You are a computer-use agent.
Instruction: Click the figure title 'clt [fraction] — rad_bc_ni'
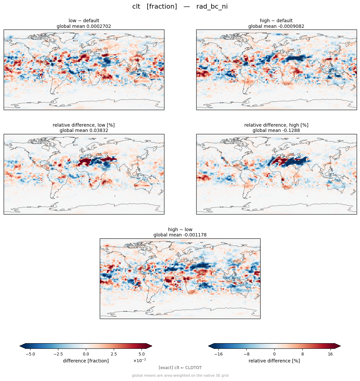[180, 6]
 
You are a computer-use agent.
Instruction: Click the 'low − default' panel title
[84, 21]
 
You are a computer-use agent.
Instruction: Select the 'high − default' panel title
[276, 21]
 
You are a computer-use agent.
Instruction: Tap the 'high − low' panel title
[180, 229]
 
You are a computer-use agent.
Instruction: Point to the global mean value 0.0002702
[99, 26]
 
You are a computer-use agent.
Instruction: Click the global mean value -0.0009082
[291, 26]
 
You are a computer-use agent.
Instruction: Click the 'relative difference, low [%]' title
[84, 125]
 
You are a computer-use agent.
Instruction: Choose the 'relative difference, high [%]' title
[276, 125]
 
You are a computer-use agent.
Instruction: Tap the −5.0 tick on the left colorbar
[30, 354]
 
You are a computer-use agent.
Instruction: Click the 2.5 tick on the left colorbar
[114, 354]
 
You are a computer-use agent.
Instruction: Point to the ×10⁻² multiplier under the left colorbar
[140, 360]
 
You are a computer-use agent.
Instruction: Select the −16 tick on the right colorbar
[218, 354]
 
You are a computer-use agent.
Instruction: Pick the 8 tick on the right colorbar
[302, 354]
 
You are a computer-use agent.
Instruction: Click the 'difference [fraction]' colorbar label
[86, 361]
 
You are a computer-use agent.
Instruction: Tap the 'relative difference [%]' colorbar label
[274, 361]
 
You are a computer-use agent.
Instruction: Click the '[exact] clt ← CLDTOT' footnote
[180, 368]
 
